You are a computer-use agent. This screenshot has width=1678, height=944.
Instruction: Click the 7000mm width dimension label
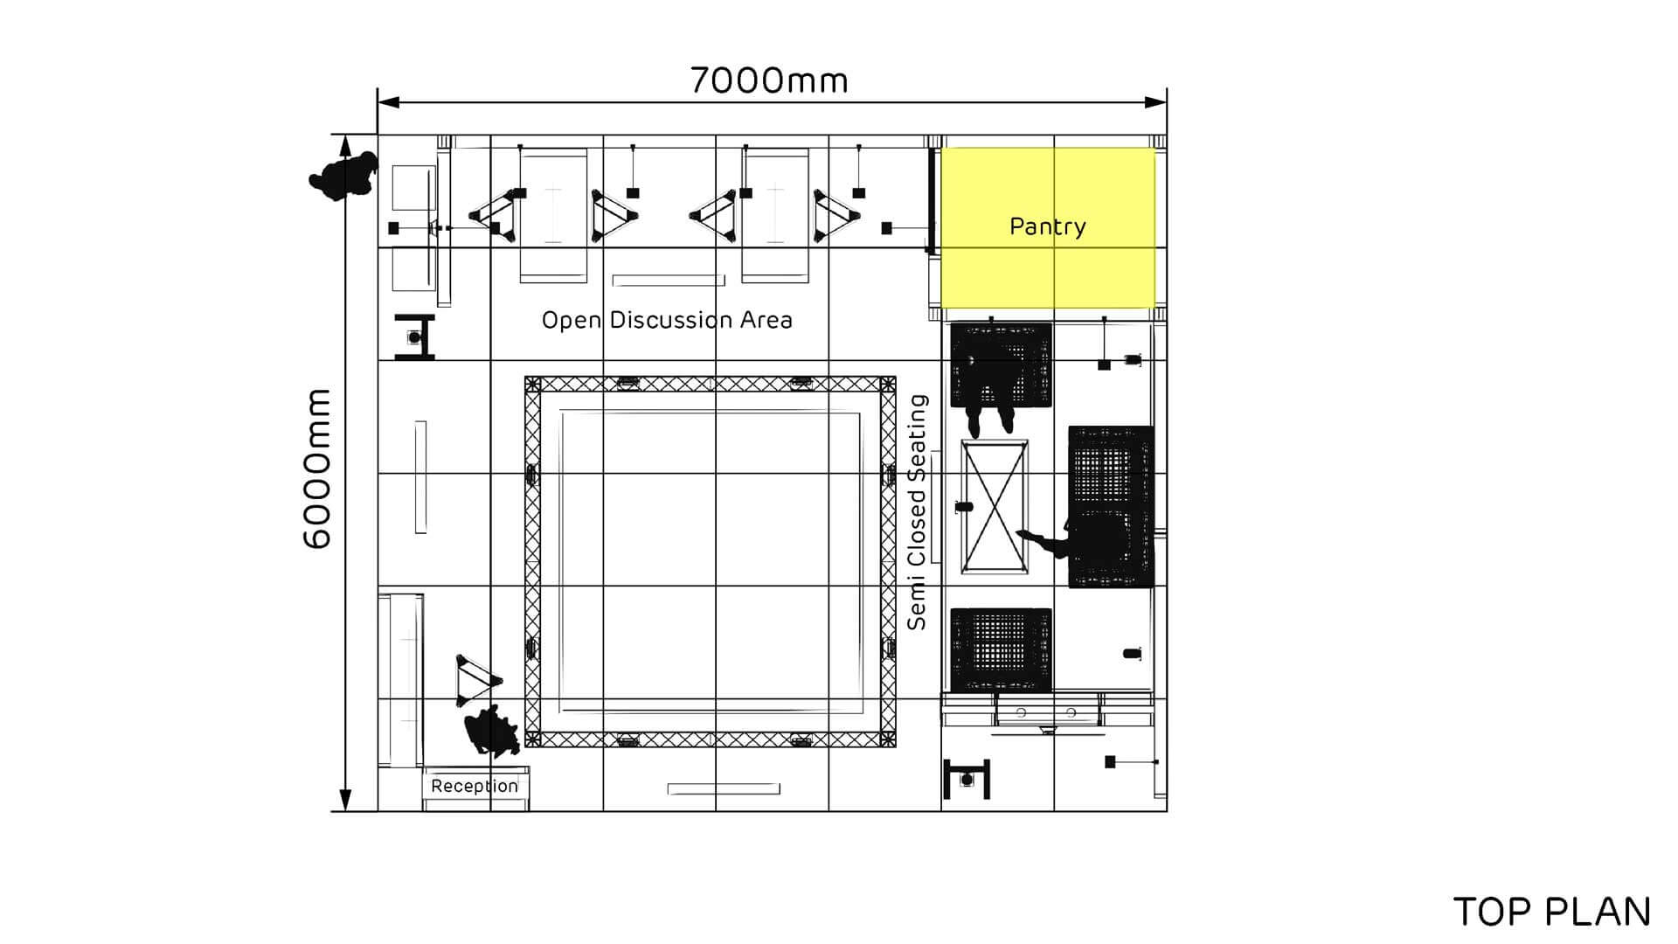tap(769, 80)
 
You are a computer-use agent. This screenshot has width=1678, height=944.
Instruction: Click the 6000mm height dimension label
tap(317, 469)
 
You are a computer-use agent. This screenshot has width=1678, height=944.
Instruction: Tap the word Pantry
tap(1048, 226)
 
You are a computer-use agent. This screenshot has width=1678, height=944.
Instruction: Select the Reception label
tap(475, 786)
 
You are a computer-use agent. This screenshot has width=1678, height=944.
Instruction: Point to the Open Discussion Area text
tap(667, 320)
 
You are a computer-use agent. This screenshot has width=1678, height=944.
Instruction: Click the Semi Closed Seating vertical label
tap(917, 512)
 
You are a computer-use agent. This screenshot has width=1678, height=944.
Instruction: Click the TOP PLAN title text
tap(1552, 912)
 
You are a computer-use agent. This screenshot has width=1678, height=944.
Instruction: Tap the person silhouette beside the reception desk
tap(492, 730)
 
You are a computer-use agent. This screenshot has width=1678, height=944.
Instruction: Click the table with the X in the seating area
tap(995, 507)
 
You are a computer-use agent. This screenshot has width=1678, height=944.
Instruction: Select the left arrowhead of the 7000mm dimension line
tap(389, 102)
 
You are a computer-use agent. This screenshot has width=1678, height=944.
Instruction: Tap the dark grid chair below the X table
tap(1001, 649)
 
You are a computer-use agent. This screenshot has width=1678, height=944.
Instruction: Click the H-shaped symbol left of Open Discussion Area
tap(414, 337)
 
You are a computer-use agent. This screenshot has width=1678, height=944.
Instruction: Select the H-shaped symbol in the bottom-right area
tap(967, 779)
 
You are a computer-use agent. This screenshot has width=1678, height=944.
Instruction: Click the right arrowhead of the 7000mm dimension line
tap(1155, 102)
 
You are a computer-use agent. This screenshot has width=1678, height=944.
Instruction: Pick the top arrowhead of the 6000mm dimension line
tap(345, 146)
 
